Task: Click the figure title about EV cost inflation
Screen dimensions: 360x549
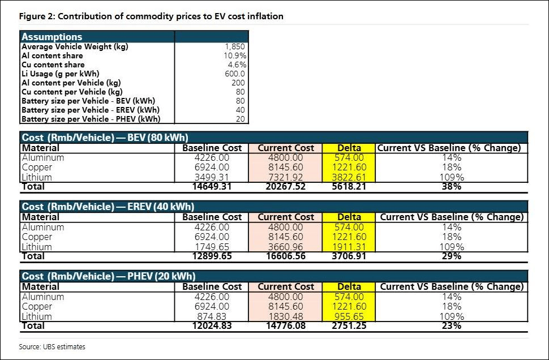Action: [151, 16]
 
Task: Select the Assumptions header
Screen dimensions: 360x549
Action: [52, 37]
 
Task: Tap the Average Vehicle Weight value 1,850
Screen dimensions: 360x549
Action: [234, 46]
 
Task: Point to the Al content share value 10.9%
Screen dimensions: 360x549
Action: [234, 55]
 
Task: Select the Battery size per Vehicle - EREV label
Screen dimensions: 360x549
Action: [91, 110]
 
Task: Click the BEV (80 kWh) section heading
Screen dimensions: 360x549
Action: [105, 137]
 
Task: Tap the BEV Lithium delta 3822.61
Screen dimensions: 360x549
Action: [349, 177]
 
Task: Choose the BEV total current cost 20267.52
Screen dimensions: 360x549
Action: [286, 186]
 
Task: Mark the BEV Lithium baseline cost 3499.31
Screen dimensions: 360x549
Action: [212, 177]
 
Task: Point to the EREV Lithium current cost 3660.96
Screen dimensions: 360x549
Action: [286, 247]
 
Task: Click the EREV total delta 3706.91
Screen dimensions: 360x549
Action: [349, 256]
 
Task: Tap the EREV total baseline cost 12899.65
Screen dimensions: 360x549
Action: [212, 256]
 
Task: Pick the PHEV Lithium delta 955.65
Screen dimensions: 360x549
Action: [349, 316]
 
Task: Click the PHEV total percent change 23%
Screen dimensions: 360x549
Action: [452, 325]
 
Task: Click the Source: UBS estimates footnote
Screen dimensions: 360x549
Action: [52, 346]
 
